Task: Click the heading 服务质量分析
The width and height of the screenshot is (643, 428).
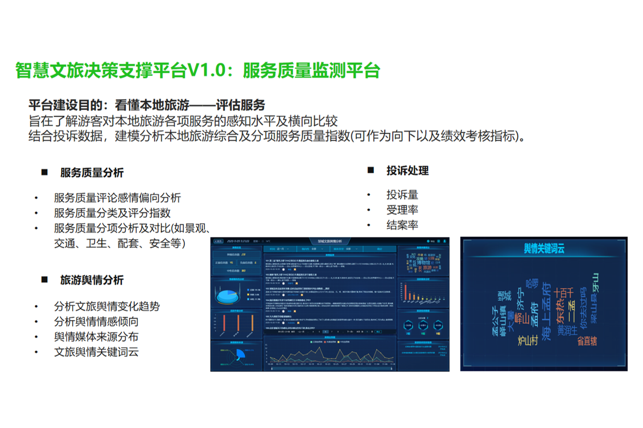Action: tap(92, 173)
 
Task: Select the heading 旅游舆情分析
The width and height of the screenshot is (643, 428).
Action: tap(92, 280)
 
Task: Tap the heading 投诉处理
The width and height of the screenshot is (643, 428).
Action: tap(407, 171)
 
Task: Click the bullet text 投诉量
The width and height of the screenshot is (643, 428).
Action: tap(402, 195)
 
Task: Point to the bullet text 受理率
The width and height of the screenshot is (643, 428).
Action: tap(402, 210)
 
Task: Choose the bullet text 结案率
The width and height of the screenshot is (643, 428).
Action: tap(402, 225)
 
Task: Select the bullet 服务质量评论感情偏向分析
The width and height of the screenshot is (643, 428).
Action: tap(117, 197)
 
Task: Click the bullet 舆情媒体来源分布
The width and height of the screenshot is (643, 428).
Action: tap(96, 337)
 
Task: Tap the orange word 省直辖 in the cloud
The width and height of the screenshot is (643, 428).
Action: tap(587, 341)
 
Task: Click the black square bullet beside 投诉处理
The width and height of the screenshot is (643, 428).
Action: tap(370, 170)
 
